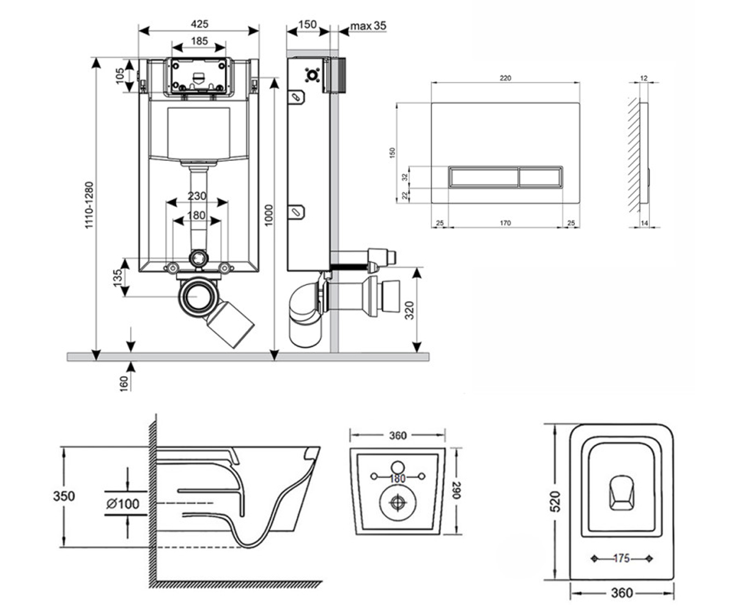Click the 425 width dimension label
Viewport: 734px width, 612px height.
pyautogui.click(x=199, y=24)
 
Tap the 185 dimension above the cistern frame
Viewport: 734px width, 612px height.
pyautogui.click(x=199, y=41)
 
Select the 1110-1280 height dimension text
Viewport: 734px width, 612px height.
pyautogui.click(x=89, y=204)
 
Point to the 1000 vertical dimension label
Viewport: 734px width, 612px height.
pyautogui.click(x=269, y=215)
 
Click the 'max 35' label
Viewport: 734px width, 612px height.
pyautogui.click(x=368, y=26)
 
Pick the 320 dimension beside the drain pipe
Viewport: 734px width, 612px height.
pyautogui.click(x=410, y=310)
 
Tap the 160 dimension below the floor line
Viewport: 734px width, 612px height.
pyautogui.click(x=124, y=384)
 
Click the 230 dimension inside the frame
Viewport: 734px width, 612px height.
pyautogui.click(x=197, y=196)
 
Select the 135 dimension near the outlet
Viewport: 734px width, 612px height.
pyautogui.click(x=118, y=278)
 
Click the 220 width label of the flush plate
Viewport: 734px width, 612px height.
pyautogui.click(x=505, y=78)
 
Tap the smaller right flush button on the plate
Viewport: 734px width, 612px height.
pyautogui.click(x=539, y=177)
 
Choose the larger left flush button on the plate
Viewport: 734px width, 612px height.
pyautogui.click(x=484, y=177)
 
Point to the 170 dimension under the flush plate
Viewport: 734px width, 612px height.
pyautogui.click(x=505, y=223)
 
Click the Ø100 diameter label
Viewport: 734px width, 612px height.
pyautogui.click(x=123, y=504)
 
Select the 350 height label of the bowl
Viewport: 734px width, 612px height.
pyautogui.click(x=64, y=496)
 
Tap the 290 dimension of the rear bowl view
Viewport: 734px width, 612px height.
pyautogui.click(x=456, y=491)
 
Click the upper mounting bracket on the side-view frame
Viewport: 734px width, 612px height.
pyautogui.click(x=296, y=97)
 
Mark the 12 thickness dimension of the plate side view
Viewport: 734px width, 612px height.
pyautogui.click(x=643, y=78)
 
